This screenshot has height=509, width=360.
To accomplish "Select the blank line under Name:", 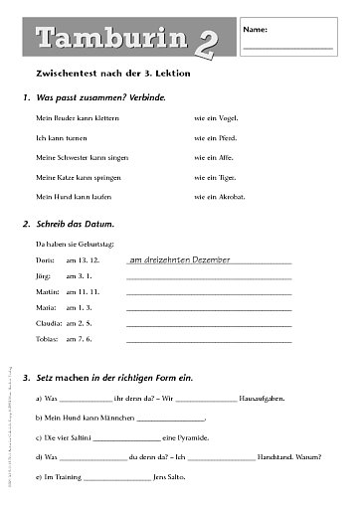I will [287, 48].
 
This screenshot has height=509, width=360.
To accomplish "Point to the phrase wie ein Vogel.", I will [216, 117].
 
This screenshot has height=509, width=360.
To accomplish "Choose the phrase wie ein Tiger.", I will [215, 176].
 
